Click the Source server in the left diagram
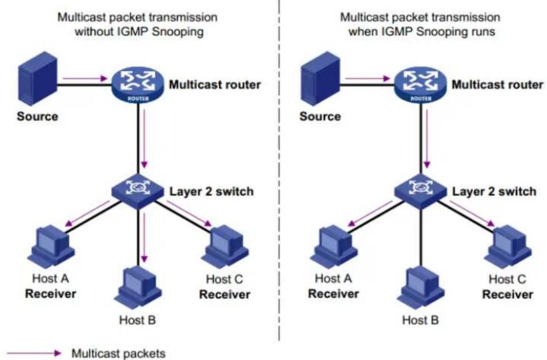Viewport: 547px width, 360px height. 37,78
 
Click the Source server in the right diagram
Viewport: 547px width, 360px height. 320,78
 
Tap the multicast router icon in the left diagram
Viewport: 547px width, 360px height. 138,85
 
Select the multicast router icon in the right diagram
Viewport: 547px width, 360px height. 421,85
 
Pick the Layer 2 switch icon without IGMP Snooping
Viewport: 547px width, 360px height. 138,191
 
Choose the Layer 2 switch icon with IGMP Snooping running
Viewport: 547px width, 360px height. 421,191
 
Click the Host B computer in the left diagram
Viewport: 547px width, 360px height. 138,287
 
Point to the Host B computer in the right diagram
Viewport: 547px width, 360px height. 421,287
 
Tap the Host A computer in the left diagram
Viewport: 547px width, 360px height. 51,245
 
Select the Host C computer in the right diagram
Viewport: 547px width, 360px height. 508,245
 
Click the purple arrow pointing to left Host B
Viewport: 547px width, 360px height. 145,236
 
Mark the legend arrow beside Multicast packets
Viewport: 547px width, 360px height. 34,353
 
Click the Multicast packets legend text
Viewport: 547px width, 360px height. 118,353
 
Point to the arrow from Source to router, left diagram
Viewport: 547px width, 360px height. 85,78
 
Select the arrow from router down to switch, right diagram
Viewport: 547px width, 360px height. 427,139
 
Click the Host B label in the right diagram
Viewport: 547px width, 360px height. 421,320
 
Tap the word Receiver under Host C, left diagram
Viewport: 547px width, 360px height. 224,294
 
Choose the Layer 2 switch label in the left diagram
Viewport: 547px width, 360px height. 211,192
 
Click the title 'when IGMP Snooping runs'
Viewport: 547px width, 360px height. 421,31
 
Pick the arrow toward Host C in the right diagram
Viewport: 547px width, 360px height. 472,214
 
